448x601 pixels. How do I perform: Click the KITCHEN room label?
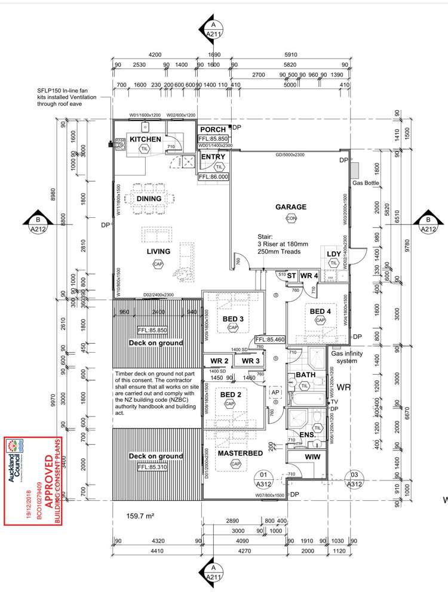146,139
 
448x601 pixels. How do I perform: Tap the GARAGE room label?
290,207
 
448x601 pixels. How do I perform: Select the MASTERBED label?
241,454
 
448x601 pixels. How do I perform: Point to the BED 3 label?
232,319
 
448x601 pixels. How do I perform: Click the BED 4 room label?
320,311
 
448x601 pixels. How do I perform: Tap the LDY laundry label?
334,254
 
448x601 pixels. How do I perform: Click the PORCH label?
213,130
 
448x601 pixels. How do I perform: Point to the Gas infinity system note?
347,357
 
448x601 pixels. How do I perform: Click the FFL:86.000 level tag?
213,177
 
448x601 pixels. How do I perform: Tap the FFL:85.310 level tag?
152,467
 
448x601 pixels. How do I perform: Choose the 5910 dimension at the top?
290,54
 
